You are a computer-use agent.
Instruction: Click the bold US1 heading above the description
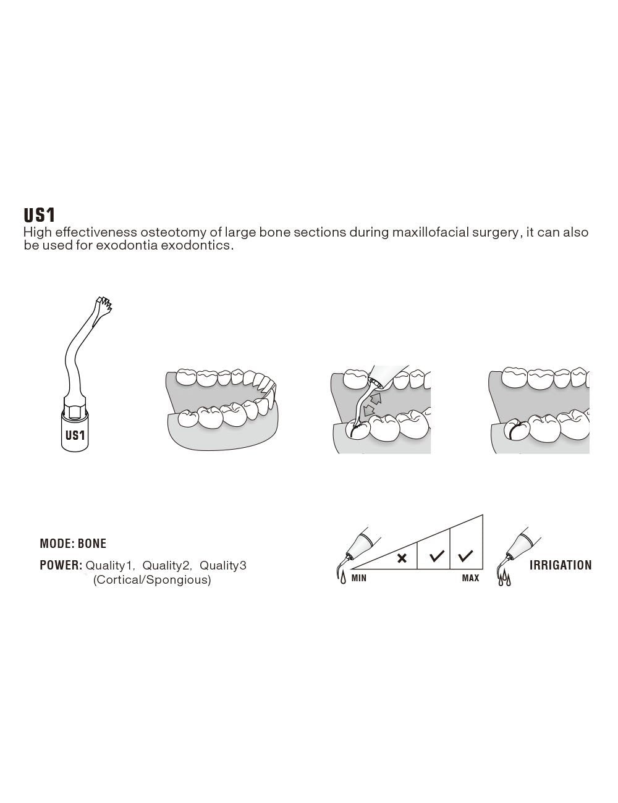40,215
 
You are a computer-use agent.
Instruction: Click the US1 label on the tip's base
75,435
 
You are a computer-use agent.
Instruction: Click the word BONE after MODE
92,544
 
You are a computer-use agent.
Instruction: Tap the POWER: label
61,565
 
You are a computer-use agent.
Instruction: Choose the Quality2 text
166,566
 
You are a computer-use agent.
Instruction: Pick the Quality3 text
223,566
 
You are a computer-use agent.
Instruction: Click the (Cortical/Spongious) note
152,580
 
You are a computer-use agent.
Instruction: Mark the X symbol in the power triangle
402,558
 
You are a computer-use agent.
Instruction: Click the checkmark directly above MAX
467,556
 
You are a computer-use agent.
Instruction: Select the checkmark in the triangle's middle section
437,557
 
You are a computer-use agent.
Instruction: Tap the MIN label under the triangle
359,579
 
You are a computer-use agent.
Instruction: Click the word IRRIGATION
561,565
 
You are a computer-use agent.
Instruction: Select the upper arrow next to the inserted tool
376,398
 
